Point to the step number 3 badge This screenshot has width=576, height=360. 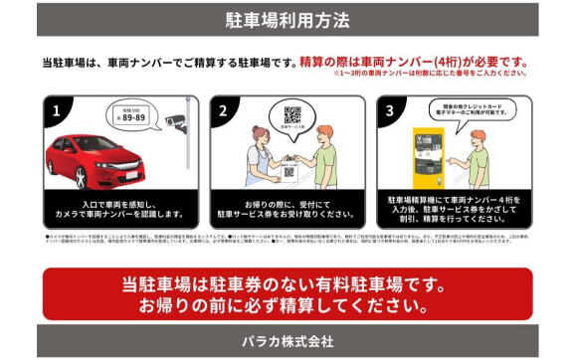click(x=389, y=108)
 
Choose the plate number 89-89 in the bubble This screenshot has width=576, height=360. click(x=133, y=117)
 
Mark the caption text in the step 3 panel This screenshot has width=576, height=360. click(x=455, y=208)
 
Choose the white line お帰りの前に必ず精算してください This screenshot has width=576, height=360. click(x=287, y=303)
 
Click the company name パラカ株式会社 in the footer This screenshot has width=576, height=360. click(x=288, y=341)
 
